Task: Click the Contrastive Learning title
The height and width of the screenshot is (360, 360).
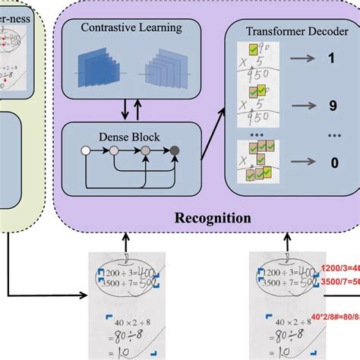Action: pos(125,29)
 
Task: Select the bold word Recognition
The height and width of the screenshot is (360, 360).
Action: pos(213,218)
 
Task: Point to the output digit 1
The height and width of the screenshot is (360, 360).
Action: pos(330,58)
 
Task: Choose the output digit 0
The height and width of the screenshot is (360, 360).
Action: pos(330,161)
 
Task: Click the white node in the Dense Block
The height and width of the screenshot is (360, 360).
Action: pos(85,152)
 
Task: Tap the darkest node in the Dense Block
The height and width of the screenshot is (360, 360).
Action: pos(175,152)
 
